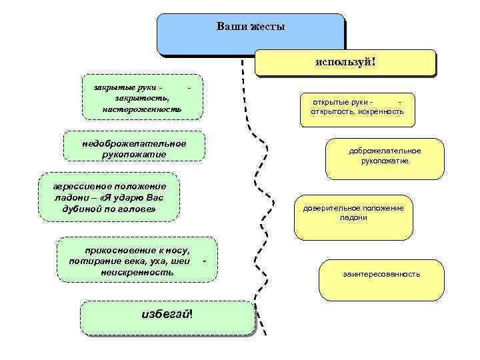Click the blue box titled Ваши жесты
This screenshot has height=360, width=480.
(251, 33)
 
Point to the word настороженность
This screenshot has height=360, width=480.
(142, 109)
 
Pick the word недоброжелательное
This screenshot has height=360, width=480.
(134, 143)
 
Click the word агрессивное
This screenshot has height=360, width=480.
(73, 186)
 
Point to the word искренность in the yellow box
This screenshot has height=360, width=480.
(381, 112)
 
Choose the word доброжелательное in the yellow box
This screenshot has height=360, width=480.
(385, 151)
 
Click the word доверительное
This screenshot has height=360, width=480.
(330, 208)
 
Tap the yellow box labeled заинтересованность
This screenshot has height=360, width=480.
(381, 274)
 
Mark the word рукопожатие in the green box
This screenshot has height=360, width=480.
(134, 155)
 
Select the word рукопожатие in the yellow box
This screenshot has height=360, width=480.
(385, 161)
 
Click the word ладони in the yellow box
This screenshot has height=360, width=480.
(353, 218)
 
